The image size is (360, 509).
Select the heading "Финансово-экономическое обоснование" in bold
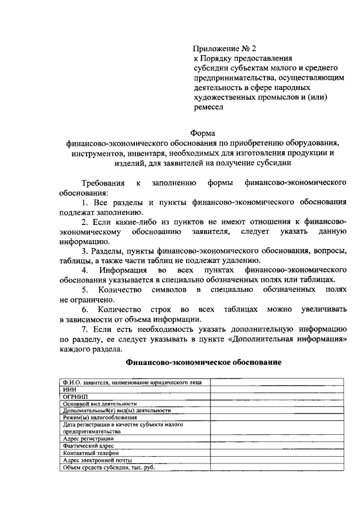pyautogui.click(x=203, y=363)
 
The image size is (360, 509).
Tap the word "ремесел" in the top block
pyautogui.click(x=208, y=106)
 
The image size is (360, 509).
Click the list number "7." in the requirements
pyautogui.click(x=86, y=330)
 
